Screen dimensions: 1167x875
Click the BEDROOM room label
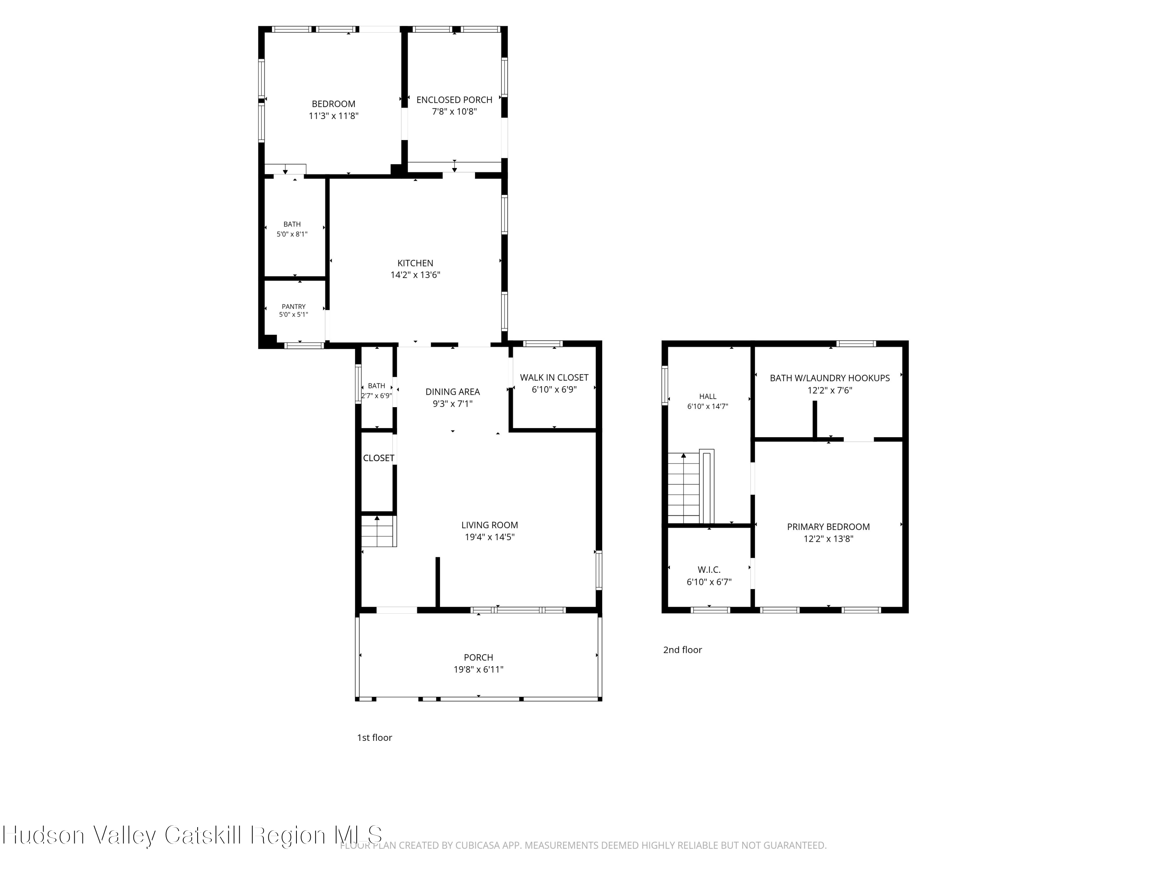333,104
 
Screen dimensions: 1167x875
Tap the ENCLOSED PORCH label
454,100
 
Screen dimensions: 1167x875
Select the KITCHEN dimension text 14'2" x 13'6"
415,275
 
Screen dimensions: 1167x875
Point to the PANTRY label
293,306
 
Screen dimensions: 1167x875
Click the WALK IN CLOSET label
554,378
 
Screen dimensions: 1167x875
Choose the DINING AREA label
453,392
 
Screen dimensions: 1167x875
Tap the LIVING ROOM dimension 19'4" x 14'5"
490,537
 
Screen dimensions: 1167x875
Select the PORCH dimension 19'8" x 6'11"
478,669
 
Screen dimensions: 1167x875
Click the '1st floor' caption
375,737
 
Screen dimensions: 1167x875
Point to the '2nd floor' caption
683,650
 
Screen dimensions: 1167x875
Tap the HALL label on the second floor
708,397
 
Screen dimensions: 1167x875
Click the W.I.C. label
709,570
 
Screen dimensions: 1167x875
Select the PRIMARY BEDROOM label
828,527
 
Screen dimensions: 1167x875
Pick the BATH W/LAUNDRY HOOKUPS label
830,378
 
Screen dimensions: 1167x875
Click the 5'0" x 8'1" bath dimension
292,234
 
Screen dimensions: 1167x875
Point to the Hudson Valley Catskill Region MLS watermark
192,835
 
